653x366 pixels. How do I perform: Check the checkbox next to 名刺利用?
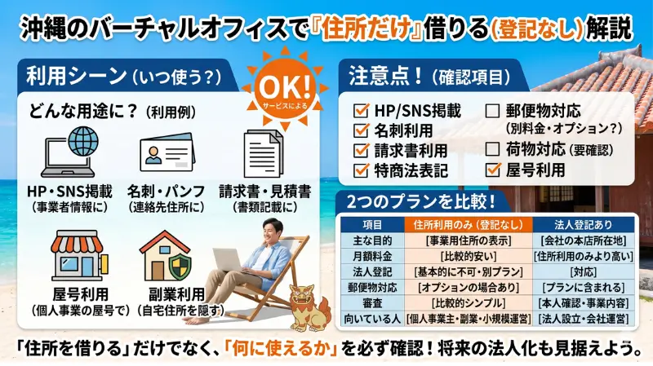click(361, 130)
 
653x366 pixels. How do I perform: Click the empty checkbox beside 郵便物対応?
click(493, 109)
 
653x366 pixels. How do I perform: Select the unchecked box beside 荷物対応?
click(493, 149)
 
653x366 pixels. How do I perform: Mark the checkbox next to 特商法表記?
click(361, 170)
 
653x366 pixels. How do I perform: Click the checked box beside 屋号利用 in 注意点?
click(493, 170)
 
